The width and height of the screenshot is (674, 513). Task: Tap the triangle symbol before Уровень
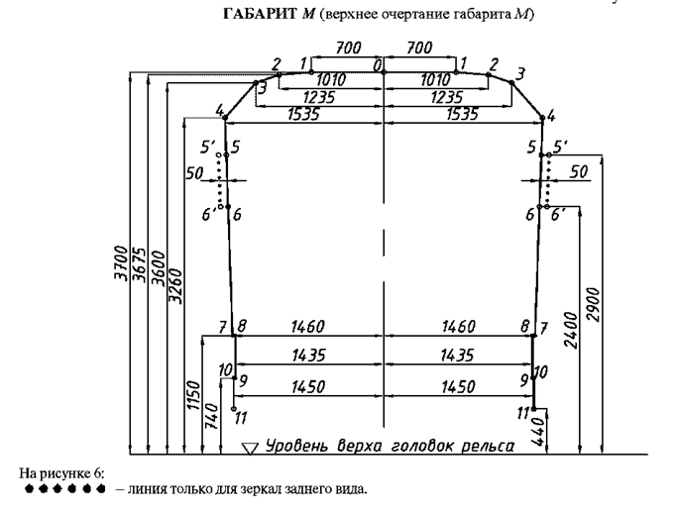[251, 448]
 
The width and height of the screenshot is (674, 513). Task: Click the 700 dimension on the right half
[419, 48]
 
